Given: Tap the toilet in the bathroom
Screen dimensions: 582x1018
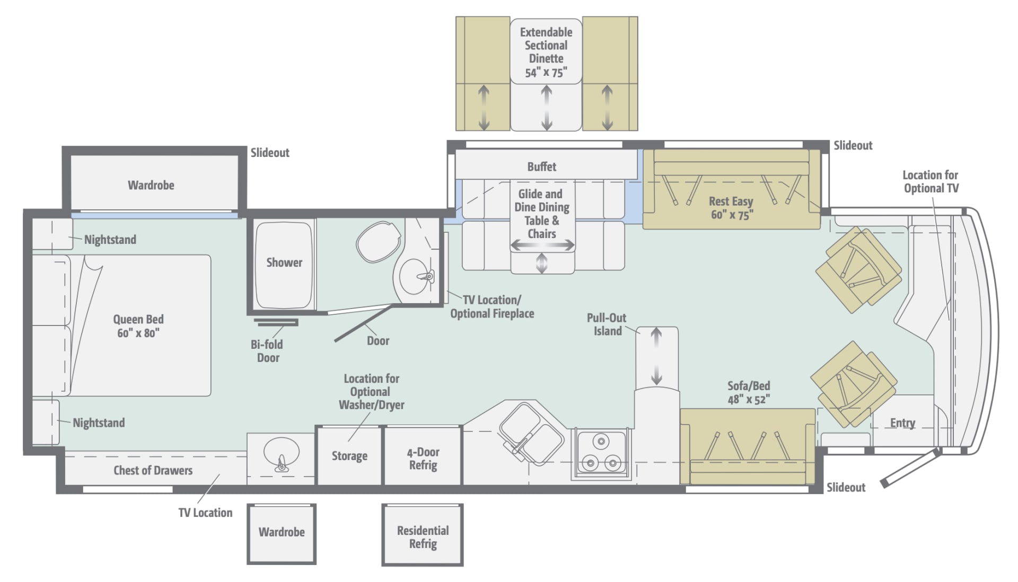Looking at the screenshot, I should (x=379, y=242).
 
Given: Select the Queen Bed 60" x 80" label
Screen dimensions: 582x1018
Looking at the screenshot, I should (x=138, y=326).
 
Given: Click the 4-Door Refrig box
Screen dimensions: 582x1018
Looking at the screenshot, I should (x=423, y=458).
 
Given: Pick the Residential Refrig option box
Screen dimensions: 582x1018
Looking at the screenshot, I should (x=423, y=536).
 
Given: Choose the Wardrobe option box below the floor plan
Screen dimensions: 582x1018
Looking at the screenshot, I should (x=282, y=533).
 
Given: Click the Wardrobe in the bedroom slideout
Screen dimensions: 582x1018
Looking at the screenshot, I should (x=151, y=185).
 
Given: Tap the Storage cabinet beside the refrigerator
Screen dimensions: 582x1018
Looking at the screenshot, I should (x=349, y=456).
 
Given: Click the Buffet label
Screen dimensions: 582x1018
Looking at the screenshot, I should (x=541, y=167).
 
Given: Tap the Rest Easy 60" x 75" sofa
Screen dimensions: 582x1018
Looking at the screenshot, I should (x=731, y=208).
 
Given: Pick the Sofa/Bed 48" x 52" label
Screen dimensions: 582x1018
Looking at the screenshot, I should (x=748, y=393).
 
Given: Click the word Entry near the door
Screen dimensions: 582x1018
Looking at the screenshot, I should (x=902, y=423).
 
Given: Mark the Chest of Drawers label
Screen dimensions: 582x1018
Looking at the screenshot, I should (x=153, y=471).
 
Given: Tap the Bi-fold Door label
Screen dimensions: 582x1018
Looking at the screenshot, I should (x=267, y=351).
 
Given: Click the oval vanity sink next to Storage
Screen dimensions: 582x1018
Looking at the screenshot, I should (x=281, y=454).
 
